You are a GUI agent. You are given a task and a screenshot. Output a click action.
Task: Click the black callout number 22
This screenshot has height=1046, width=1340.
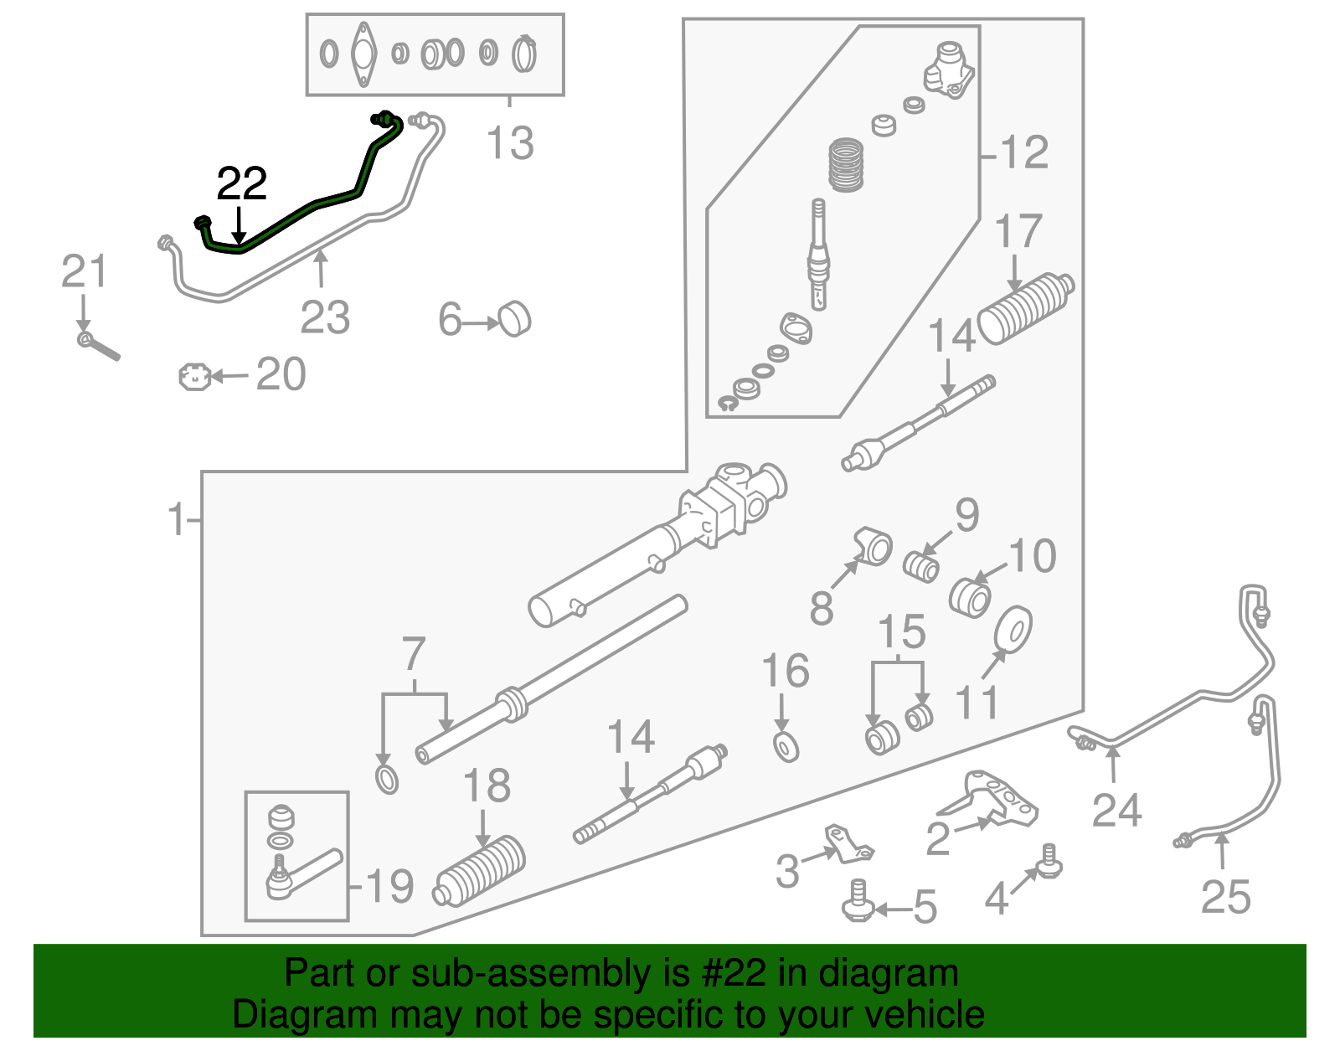pyautogui.click(x=241, y=183)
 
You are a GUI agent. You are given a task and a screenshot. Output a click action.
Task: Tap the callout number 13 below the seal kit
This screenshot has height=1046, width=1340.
pyautogui.click(x=510, y=143)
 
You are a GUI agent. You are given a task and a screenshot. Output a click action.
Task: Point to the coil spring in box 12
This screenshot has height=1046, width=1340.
pyautogui.click(x=845, y=165)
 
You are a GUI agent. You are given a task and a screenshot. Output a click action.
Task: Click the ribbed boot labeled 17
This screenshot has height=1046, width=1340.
pyautogui.click(x=1025, y=308)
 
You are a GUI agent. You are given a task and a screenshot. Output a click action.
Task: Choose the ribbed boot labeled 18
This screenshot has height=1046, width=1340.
pyautogui.click(x=479, y=870)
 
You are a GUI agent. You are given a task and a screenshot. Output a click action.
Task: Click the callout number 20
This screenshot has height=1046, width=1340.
pyautogui.click(x=281, y=374)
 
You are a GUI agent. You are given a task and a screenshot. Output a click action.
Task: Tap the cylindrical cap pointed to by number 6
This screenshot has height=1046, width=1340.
pyautogui.click(x=515, y=319)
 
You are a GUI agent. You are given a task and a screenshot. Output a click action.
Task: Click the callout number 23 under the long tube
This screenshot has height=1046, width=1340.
pyautogui.click(x=325, y=317)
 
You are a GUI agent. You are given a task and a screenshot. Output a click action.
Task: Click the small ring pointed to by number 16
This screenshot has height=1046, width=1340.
pyautogui.click(x=786, y=748)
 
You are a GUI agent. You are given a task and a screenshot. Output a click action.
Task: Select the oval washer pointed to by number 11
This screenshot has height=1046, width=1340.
pyautogui.click(x=1013, y=629)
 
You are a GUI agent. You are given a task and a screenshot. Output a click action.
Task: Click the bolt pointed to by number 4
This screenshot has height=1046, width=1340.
pyautogui.click(x=1049, y=863)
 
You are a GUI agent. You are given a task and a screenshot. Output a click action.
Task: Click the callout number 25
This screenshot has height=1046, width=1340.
pyautogui.click(x=1226, y=897)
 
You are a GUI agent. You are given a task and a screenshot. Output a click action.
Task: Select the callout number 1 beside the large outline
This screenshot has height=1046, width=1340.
pyautogui.click(x=177, y=519)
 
